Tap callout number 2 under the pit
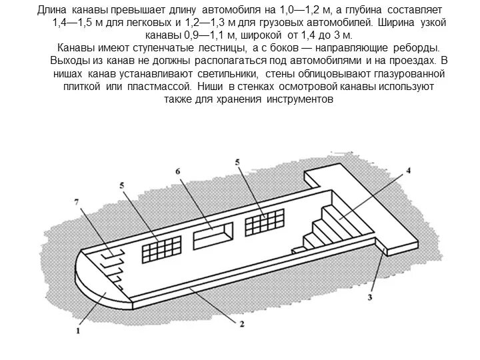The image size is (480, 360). point(241,324)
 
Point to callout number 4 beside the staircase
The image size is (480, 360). point(409,171)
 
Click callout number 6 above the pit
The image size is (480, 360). point(179,171)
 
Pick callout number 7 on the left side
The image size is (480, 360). point(77,201)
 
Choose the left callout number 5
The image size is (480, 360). point(121,184)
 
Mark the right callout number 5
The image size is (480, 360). point(237,162)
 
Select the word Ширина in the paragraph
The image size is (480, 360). point(395,23)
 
